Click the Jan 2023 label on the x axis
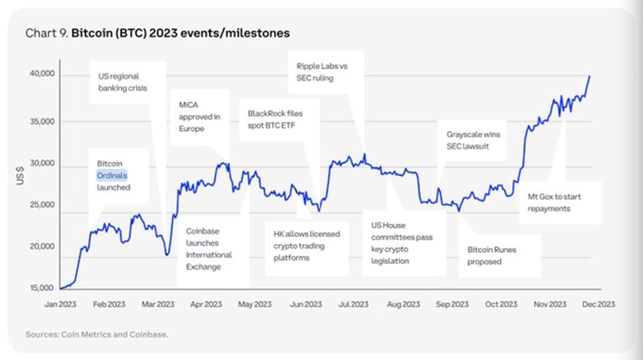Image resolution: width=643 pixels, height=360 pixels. point(62,304)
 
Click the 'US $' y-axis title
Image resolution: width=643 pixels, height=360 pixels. point(20,175)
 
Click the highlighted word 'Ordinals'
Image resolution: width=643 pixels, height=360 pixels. point(112,175)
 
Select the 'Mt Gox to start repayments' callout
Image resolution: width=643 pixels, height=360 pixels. point(561,202)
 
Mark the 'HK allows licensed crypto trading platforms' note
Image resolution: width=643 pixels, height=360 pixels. point(307,246)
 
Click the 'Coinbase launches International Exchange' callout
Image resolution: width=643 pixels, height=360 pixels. point(210,249)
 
